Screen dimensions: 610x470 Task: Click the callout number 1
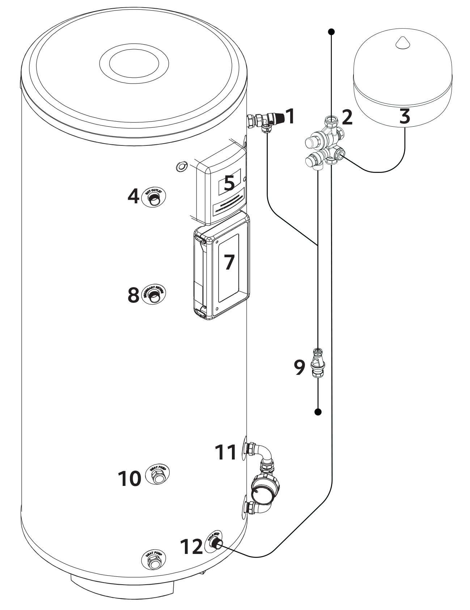point(290,117)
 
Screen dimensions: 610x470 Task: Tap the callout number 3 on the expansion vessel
point(405,116)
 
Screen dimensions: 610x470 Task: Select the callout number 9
point(299,367)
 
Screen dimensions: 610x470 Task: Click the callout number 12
point(191,546)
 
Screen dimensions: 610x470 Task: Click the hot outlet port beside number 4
point(154,198)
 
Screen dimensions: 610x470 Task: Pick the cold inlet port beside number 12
point(215,542)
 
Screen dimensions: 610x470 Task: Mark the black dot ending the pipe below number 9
point(318,412)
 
